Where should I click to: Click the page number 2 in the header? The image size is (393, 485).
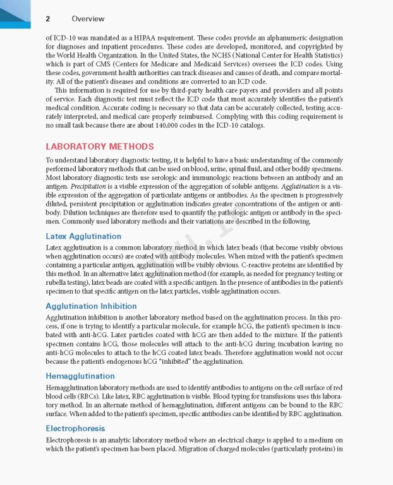tap(47, 19)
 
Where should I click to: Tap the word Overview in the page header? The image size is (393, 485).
tap(88, 19)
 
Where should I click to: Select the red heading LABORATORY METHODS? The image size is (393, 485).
tap(99, 147)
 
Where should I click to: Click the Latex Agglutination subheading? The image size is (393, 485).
tap(83, 236)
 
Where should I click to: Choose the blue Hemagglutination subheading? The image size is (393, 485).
tap(80, 376)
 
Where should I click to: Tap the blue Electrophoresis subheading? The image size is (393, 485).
tap(75, 428)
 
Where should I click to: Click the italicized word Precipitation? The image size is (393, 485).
tap(88, 187)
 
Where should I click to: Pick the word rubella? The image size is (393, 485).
tap(59, 283)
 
